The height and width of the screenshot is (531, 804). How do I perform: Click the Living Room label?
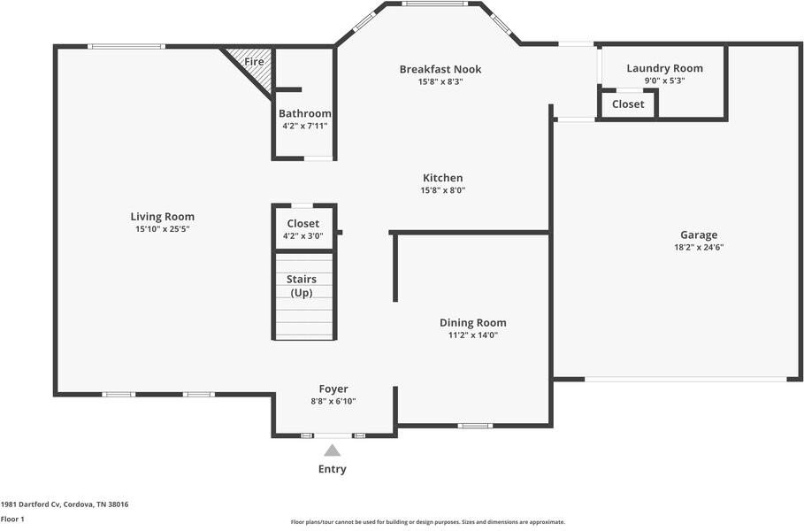tap(162, 217)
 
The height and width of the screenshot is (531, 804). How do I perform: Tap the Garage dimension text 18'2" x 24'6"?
tap(699, 247)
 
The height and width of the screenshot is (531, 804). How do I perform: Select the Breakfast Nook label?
tap(440, 69)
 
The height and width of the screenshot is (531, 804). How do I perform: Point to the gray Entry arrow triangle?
tap(333, 450)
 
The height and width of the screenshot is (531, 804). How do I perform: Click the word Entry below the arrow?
tap(333, 469)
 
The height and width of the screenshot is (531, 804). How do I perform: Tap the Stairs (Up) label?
tap(302, 286)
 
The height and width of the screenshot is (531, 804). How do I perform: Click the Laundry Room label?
tap(664, 68)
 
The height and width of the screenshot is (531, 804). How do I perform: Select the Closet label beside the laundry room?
tap(628, 104)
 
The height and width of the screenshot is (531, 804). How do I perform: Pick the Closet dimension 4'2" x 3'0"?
tap(303, 236)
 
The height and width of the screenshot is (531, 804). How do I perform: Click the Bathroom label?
tap(304, 113)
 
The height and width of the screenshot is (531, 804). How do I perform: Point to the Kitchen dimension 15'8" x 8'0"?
tap(443, 190)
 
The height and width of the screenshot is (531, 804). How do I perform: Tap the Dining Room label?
tap(473, 323)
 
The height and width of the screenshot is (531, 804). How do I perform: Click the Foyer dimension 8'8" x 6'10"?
tap(333, 401)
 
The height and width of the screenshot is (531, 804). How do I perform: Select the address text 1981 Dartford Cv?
tap(31, 504)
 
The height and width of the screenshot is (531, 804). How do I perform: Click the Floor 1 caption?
tap(12, 519)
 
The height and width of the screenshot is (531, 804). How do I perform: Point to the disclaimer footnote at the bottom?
tap(427, 522)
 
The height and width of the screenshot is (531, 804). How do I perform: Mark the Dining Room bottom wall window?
tap(475, 426)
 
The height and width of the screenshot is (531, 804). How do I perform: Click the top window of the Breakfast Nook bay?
tap(435, 4)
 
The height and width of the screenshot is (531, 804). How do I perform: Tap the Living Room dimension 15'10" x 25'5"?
tap(163, 229)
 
